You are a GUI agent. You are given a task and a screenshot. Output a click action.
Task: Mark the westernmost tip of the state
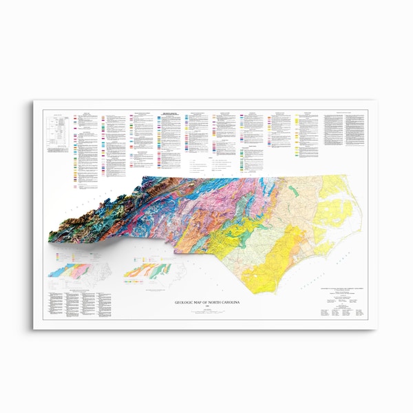48,238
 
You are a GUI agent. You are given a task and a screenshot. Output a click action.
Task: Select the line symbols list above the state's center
206,165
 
